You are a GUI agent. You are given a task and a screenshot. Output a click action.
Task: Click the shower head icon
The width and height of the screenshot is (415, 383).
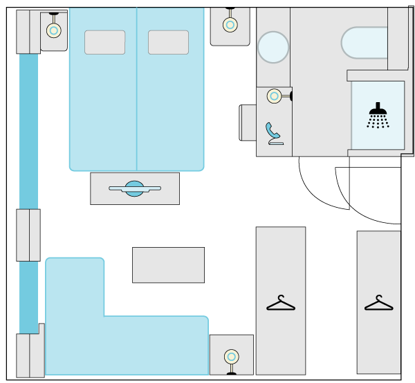[377, 115]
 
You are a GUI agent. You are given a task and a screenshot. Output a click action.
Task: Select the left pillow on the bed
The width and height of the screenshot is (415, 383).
[104, 42]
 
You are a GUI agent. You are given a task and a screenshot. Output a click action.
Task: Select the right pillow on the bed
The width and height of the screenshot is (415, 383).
[168, 42]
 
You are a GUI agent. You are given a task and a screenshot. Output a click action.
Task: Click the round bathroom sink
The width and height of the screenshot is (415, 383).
[273, 47]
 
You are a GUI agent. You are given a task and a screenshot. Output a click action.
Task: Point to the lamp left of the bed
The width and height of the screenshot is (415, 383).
[53, 30]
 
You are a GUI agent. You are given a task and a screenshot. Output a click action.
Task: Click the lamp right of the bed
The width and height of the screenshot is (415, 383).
[230, 25]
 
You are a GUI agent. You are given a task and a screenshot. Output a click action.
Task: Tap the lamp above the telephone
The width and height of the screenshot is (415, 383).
[275, 96]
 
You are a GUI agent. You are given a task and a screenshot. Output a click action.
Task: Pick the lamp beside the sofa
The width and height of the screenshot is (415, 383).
[231, 357]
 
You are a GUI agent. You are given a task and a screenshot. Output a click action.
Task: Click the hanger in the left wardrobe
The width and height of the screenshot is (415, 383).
[280, 303]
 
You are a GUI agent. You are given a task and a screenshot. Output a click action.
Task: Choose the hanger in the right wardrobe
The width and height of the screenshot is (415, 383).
[378, 303]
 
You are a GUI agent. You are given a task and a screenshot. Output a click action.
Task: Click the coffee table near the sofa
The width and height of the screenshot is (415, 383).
[168, 265]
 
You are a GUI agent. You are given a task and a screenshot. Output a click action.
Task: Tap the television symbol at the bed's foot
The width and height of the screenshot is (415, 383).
[134, 188]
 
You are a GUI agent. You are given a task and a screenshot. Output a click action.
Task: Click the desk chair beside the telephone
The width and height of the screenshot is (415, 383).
[248, 123]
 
